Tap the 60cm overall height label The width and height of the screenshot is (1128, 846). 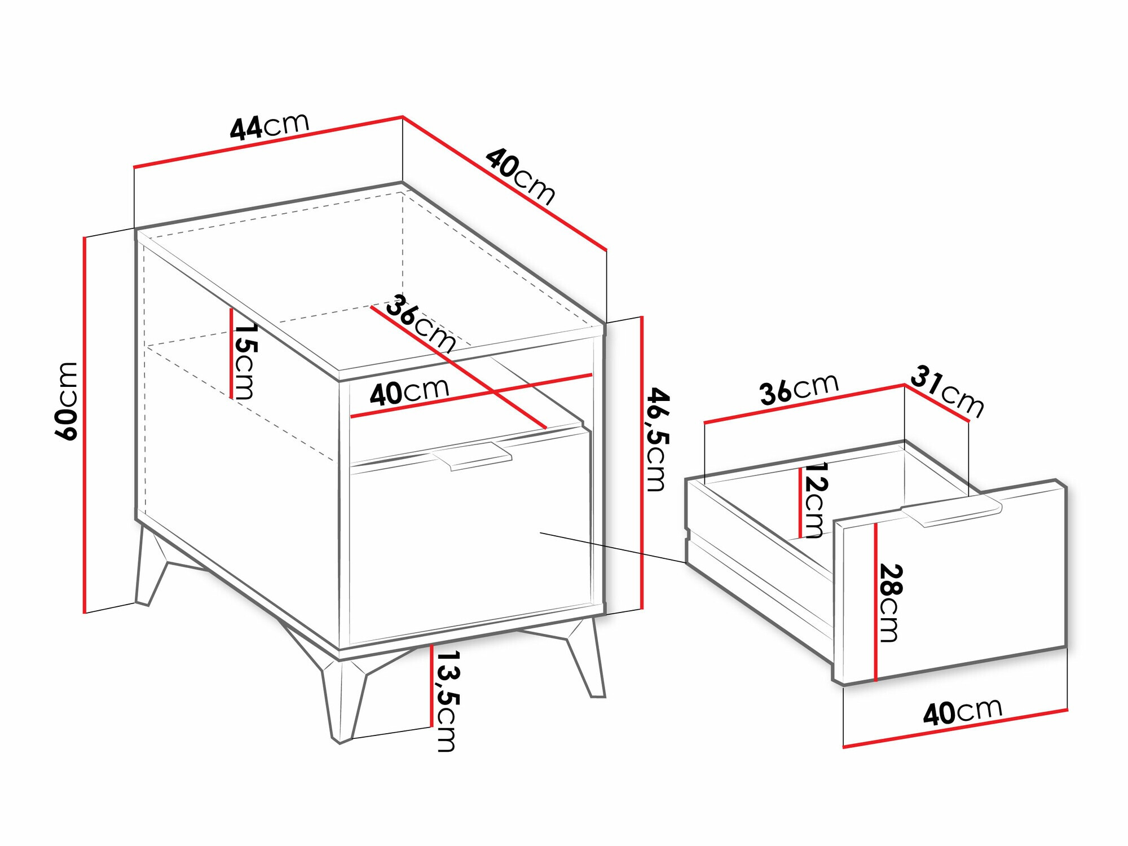click(67, 401)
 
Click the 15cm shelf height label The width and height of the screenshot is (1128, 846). click(245, 360)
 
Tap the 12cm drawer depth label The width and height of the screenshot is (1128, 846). click(814, 500)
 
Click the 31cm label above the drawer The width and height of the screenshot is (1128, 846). click(947, 391)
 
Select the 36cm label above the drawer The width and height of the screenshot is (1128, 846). click(799, 389)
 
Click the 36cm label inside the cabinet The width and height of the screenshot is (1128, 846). click(421, 323)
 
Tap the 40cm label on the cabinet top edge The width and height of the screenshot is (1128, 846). click(520, 175)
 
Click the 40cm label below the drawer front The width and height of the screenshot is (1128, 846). click(962, 712)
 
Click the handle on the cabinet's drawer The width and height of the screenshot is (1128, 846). click(473, 455)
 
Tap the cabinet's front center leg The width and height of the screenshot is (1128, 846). click(341, 699)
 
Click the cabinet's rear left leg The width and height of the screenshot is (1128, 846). click(150, 570)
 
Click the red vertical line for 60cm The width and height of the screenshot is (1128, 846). click(85, 423)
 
